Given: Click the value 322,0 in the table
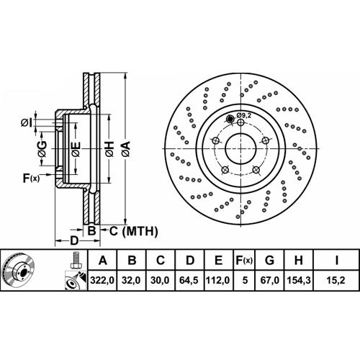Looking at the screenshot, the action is point(102,280).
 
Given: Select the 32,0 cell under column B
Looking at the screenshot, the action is point(131,280).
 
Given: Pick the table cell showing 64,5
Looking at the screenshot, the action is point(189,280).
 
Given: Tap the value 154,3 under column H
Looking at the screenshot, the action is point(299,280).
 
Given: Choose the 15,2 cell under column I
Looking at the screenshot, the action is point(336,280).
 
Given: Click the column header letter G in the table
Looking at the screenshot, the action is point(269,260).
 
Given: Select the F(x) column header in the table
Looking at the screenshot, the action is point(244,260).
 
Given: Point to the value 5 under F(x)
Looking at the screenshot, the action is point(245,280).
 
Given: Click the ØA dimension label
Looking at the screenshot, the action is point(125,149).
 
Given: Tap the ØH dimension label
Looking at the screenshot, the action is point(109,149).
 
